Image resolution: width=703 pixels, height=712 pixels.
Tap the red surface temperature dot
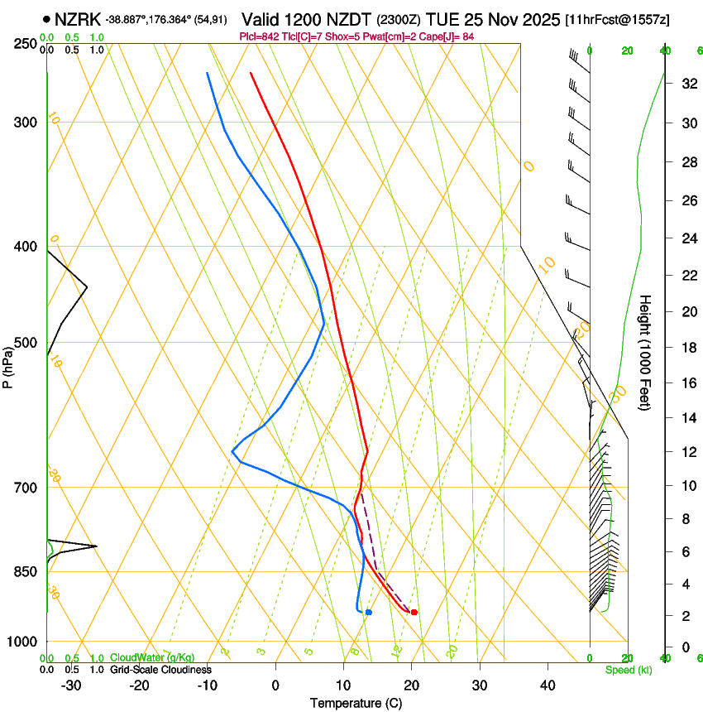[x=414, y=612]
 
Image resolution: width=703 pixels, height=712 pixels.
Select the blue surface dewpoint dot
[x=369, y=612]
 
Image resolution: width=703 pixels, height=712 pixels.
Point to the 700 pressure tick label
[x=26, y=488]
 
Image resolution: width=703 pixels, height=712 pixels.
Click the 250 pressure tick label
[x=26, y=44]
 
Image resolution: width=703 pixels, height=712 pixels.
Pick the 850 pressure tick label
[x=26, y=572]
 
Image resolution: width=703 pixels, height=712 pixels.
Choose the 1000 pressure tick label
[x=22, y=642]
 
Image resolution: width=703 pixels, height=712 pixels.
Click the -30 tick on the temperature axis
[x=71, y=686]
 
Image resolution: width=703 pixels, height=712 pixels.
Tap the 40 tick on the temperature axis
[x=547, y=686]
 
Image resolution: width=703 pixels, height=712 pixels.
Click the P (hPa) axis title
[x=8, y=363]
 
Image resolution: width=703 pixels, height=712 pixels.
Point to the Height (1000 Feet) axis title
[x=645, y=352]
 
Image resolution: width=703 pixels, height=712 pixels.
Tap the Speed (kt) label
[x=628, y=670]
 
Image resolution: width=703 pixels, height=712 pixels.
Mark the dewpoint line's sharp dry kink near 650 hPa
[x=232, y=452]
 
